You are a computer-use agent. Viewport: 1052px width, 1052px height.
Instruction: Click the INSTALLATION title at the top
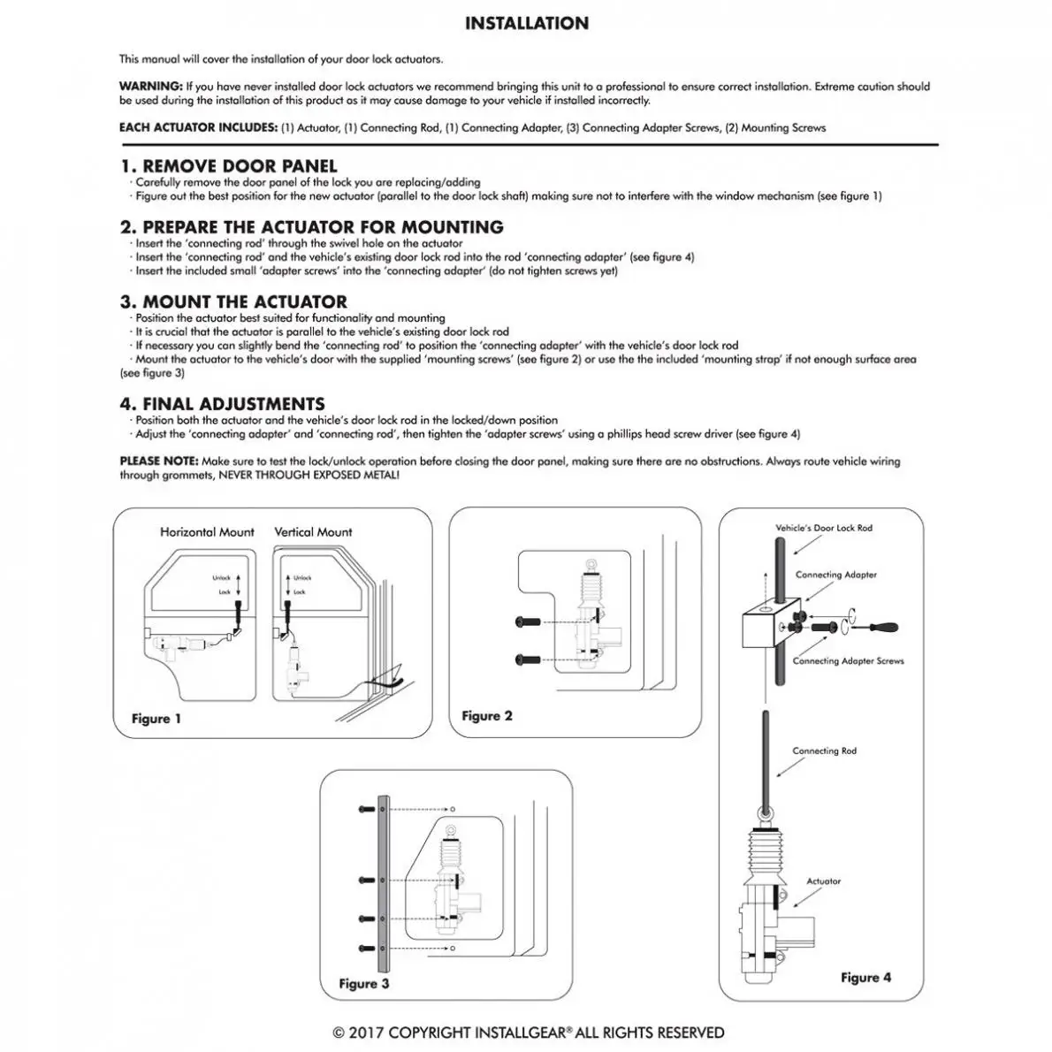pyautogui.click(x=526, y=24)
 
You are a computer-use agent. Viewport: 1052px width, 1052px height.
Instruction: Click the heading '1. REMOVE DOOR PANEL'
pyautogui.click(x=229, y=166)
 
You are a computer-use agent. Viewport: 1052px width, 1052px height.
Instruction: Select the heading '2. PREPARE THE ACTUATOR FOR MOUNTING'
pyautogui.click(x=312, y=227)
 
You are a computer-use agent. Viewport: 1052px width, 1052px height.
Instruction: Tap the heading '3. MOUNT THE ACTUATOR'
pyautogui.click(x=234, y=301)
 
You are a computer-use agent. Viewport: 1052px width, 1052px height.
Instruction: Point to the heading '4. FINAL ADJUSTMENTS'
pyautogui.click(x=223, y=404)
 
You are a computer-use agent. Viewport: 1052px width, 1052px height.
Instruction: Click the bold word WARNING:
pyautogui.click(x=151, y=87)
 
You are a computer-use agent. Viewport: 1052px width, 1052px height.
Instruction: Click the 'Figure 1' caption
pyautogui.click(x=156, y=719)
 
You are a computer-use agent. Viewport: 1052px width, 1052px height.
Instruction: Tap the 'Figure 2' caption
pyautogui.click(x=487, y=716)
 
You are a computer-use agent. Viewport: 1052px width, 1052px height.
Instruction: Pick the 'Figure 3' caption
pyautogui.click(x=364, y=984)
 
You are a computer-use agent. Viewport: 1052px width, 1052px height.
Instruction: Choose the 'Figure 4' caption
pyautogui.click(x=865, y=978)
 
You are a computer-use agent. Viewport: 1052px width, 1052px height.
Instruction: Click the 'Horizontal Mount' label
pyautogui.click(x=207, y=532)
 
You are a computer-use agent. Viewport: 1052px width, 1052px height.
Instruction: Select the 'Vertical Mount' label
pyautogui.click(x=313, y=532)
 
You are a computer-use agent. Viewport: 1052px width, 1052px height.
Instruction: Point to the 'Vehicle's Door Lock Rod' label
pyautogui.click(x=824, y=528)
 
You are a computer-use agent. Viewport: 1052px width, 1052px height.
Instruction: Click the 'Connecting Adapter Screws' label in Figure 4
pyautogui.click(x=848, y=660)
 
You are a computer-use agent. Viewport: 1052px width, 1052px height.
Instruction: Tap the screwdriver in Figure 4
pyautogui.click(x=880, y=629)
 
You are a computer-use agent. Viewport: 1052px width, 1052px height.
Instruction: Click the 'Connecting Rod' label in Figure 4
pyautogui.click(x=824, y=751)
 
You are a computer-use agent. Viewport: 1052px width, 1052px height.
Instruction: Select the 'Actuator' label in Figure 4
pyautogui.click(x=823, y=881)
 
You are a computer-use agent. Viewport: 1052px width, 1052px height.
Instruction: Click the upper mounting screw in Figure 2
pyautogui.click(x=525, y=622)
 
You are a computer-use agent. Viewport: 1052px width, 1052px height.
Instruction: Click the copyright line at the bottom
pyautogui.click(x=528, y=1033)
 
